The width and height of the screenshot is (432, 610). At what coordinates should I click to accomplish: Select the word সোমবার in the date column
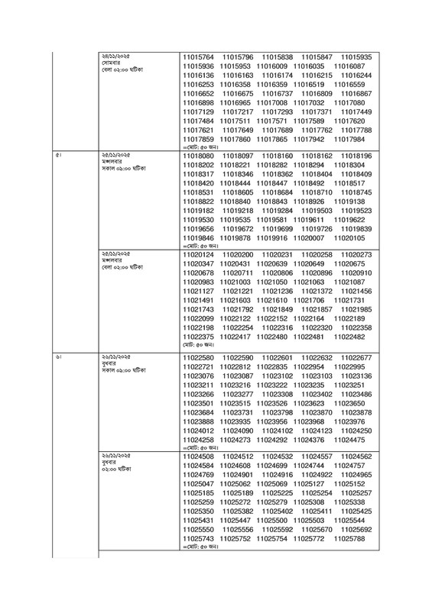[112, 62]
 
